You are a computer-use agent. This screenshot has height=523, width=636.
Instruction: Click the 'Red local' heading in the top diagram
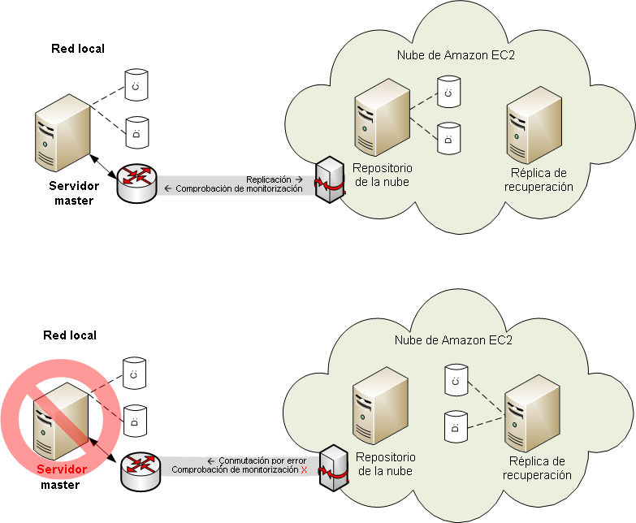[78, 49]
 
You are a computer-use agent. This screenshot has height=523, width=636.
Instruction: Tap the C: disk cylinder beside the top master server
[136, 84]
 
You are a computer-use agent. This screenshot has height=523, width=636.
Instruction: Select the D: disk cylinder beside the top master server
[136, 129]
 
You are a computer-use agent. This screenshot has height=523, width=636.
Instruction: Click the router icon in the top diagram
[135, 184]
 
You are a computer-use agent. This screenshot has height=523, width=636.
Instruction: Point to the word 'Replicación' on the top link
[269, 179]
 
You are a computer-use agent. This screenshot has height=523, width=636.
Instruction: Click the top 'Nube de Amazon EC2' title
[456, 55]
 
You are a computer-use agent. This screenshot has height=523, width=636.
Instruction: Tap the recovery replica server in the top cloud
[534, 127]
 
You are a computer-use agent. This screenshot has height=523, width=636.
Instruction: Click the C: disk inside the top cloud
[448, 93]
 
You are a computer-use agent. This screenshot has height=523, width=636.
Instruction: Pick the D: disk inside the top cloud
[448, 138]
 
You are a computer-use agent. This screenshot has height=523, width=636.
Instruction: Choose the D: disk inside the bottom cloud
[456, 426]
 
